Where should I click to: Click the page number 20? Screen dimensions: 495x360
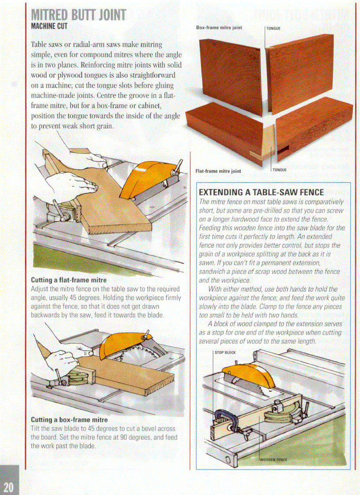[8, 487]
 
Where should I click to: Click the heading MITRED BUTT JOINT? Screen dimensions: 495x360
[79, 16]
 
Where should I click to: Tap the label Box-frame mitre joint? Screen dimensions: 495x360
[219, 27]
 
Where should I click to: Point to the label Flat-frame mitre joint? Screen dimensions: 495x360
[218, 171]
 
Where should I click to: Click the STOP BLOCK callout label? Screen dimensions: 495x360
[225, 352]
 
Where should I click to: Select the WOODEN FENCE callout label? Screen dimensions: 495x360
[273, 460]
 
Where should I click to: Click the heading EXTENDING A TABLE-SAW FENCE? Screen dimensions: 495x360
[262, 192]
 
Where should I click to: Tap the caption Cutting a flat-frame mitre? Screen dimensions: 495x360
[68, 280]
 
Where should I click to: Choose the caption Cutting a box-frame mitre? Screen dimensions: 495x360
[69, 419]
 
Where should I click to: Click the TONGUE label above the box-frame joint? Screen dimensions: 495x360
[274, 28]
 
